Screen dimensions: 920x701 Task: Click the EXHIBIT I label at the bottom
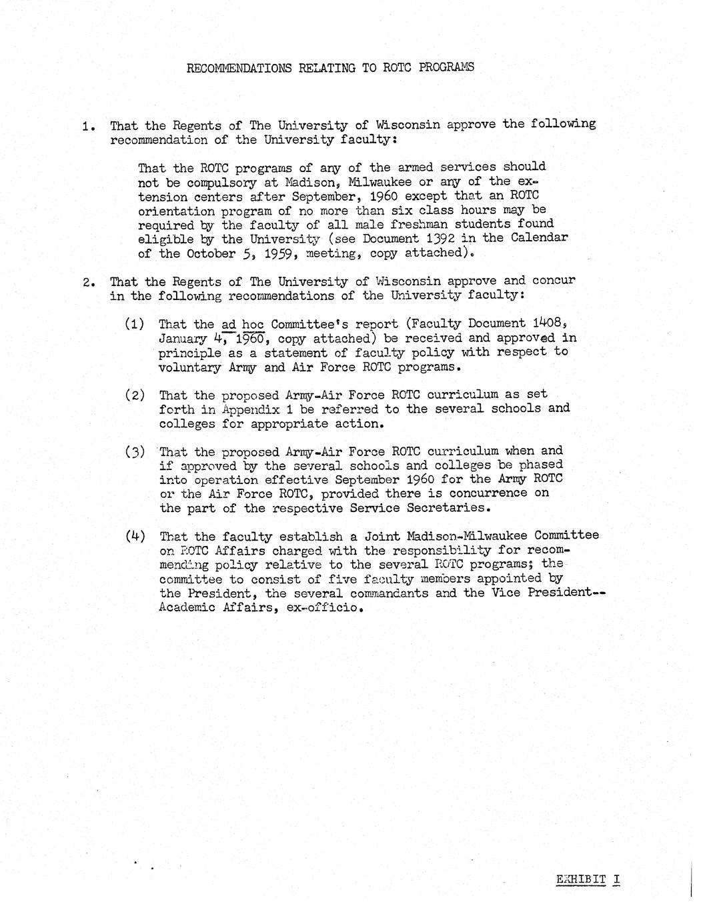pos(588,879)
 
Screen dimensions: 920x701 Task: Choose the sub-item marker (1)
pos(135,324)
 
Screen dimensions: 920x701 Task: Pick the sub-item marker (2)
pos(135,395)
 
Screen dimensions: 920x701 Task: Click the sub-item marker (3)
pos(135,451)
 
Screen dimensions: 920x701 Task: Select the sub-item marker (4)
pos(135,536)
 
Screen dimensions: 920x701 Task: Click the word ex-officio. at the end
pos(327,608)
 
